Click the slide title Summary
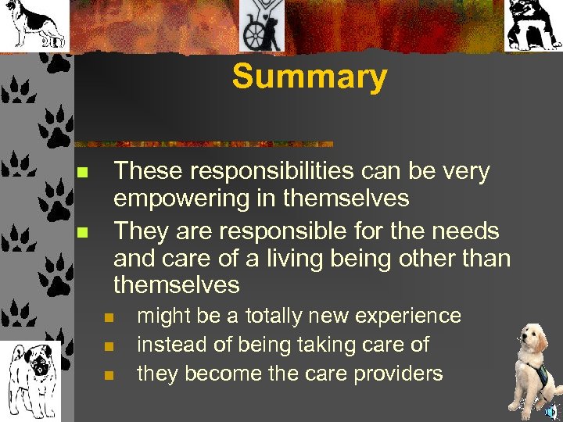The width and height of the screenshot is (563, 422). [x=310, y=77]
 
